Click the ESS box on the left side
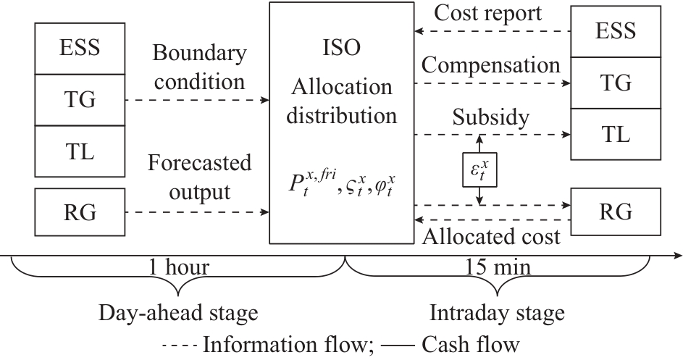click(x=80, y=48)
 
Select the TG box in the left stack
click(x=80, y=99)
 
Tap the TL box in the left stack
click(x=80, y=151)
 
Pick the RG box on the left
click(x=80, y=212)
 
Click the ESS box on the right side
click(x=615, y=31)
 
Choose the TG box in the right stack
click(x=615, y=83)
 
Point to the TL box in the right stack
click(x=615, y=134)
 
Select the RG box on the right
click(x=615, y=212)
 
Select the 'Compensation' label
click(x=490, y=65)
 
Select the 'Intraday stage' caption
click(x=497, y=313)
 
